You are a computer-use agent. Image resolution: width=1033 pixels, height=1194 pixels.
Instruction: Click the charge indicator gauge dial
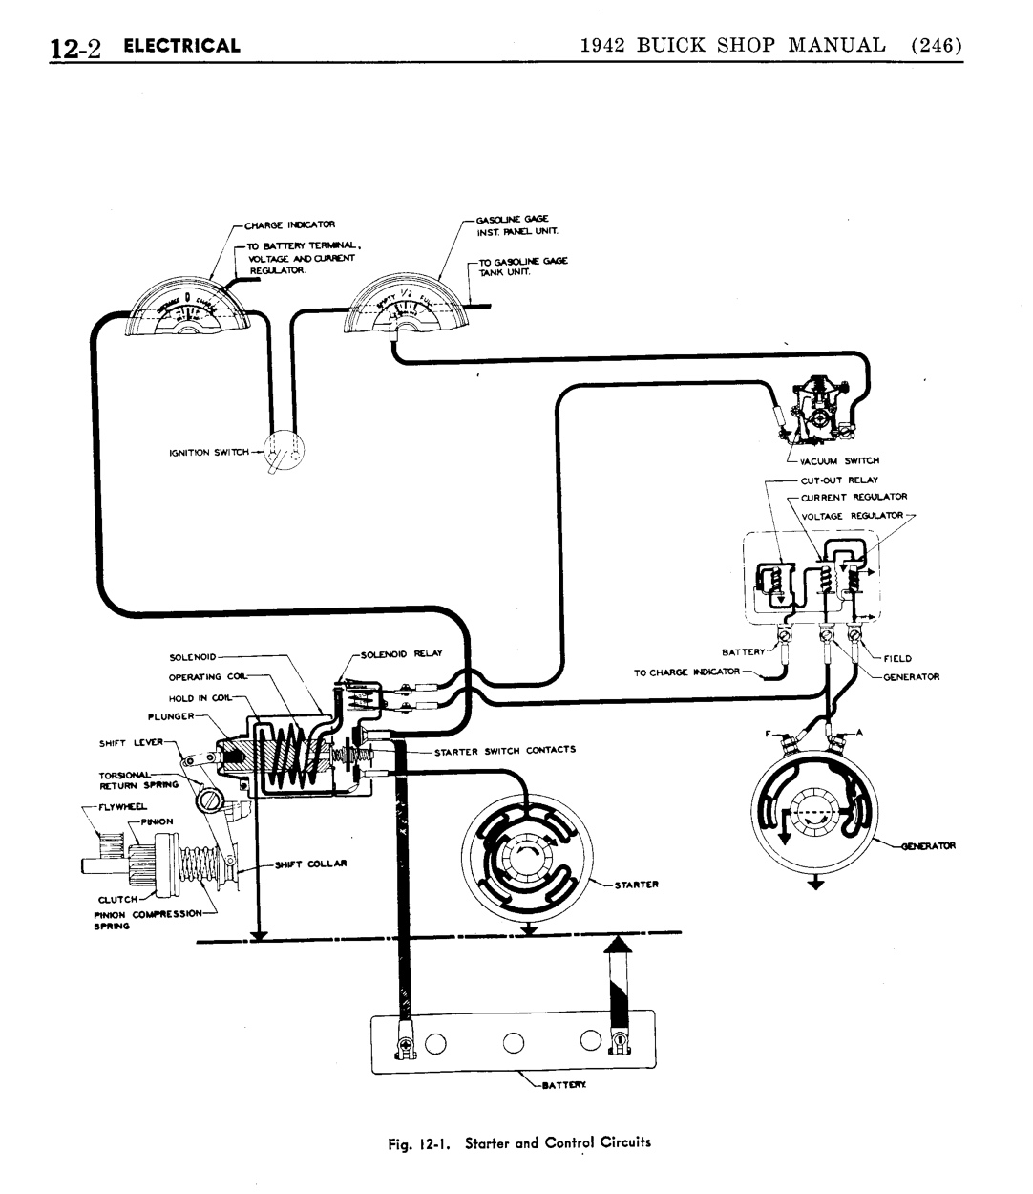click(x=187, y=310)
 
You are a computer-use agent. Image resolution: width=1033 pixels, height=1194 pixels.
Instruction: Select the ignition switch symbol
click(x=283, y=451)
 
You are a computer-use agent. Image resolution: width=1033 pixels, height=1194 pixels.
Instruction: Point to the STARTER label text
click(x=636, y=885)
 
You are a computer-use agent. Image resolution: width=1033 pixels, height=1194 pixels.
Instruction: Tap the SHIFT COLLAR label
click(x=310, y=864)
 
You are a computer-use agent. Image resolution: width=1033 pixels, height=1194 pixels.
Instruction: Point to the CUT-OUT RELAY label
click(x=839, y=480)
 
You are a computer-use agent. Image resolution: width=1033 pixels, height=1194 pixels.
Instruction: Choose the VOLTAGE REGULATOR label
click(x=852, y=516)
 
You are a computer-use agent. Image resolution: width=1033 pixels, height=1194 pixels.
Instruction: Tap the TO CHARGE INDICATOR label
click(x=686, y=672)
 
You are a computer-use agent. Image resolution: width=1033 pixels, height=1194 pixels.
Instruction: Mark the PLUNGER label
click(x=171, y=715)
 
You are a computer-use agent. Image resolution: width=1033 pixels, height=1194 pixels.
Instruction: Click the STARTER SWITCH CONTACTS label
click(x=505, y=751)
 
